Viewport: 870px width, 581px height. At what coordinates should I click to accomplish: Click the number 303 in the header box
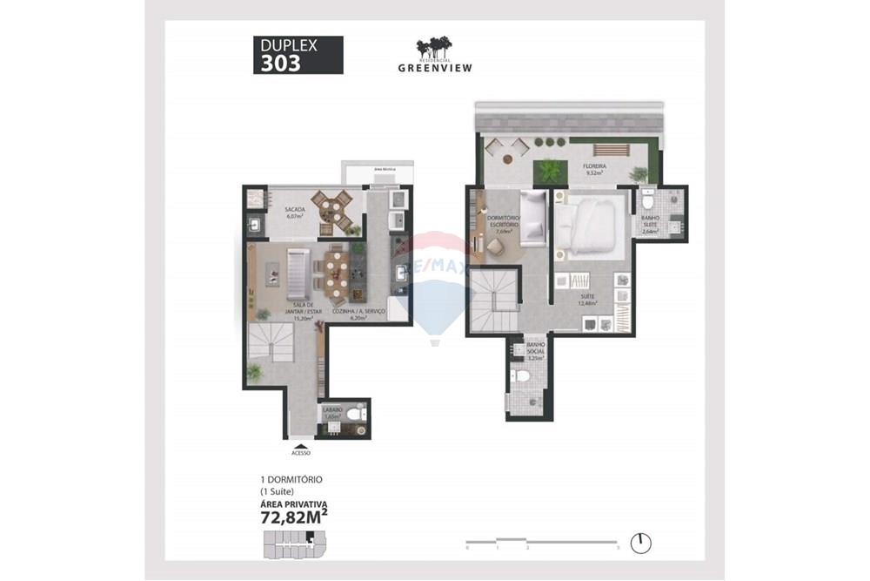[281, 63]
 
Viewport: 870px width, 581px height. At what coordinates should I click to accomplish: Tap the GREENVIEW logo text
[435, 67]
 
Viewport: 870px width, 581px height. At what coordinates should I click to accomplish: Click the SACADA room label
[294, 210]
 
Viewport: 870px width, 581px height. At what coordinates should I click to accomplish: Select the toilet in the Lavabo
[357, 415]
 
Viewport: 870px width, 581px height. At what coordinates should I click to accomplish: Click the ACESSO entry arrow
[301, 445]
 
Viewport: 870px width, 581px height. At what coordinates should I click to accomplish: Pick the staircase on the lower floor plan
[271, 341]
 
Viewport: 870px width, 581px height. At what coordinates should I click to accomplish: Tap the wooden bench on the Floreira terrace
[611, 148]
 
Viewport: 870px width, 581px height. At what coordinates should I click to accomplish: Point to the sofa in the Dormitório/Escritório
[532, 218]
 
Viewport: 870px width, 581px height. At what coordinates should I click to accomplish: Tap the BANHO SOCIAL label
[536, 350]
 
